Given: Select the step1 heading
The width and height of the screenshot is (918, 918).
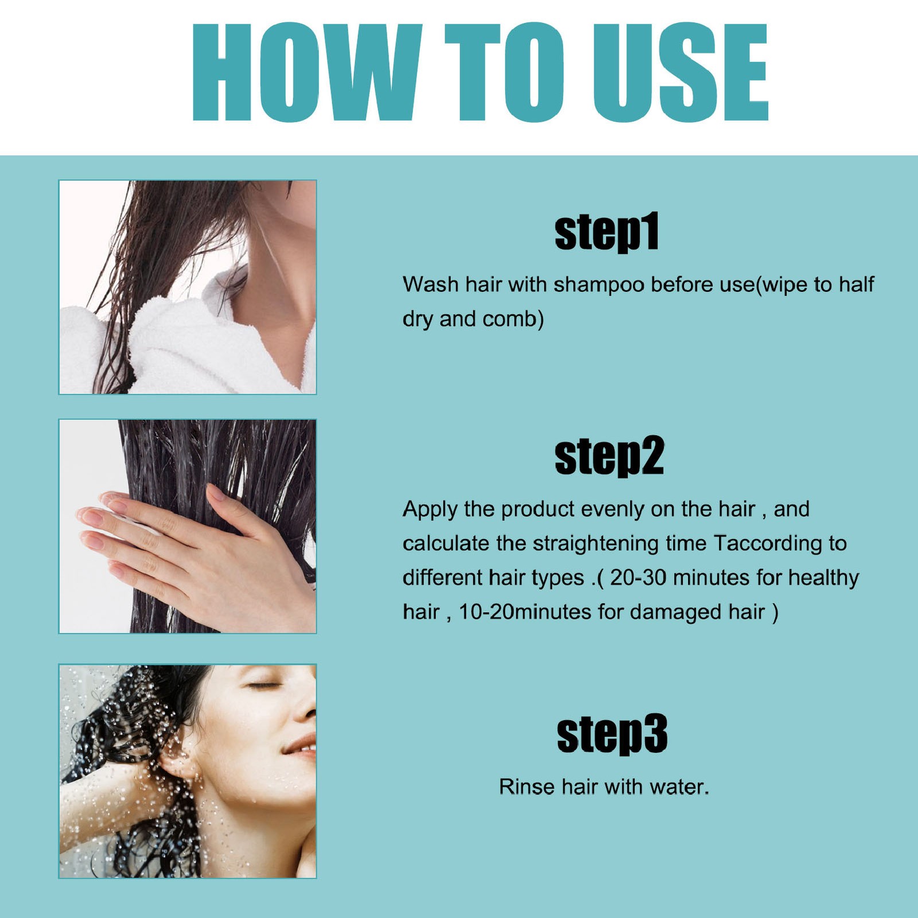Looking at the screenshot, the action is point(607,232).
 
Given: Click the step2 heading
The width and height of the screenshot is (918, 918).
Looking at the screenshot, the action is point(609,456).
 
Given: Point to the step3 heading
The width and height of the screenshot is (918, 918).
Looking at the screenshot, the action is point(612,734).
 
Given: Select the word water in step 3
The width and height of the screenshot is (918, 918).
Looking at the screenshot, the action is point(679,787).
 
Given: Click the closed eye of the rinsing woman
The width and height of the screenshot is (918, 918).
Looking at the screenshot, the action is point(262,685).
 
